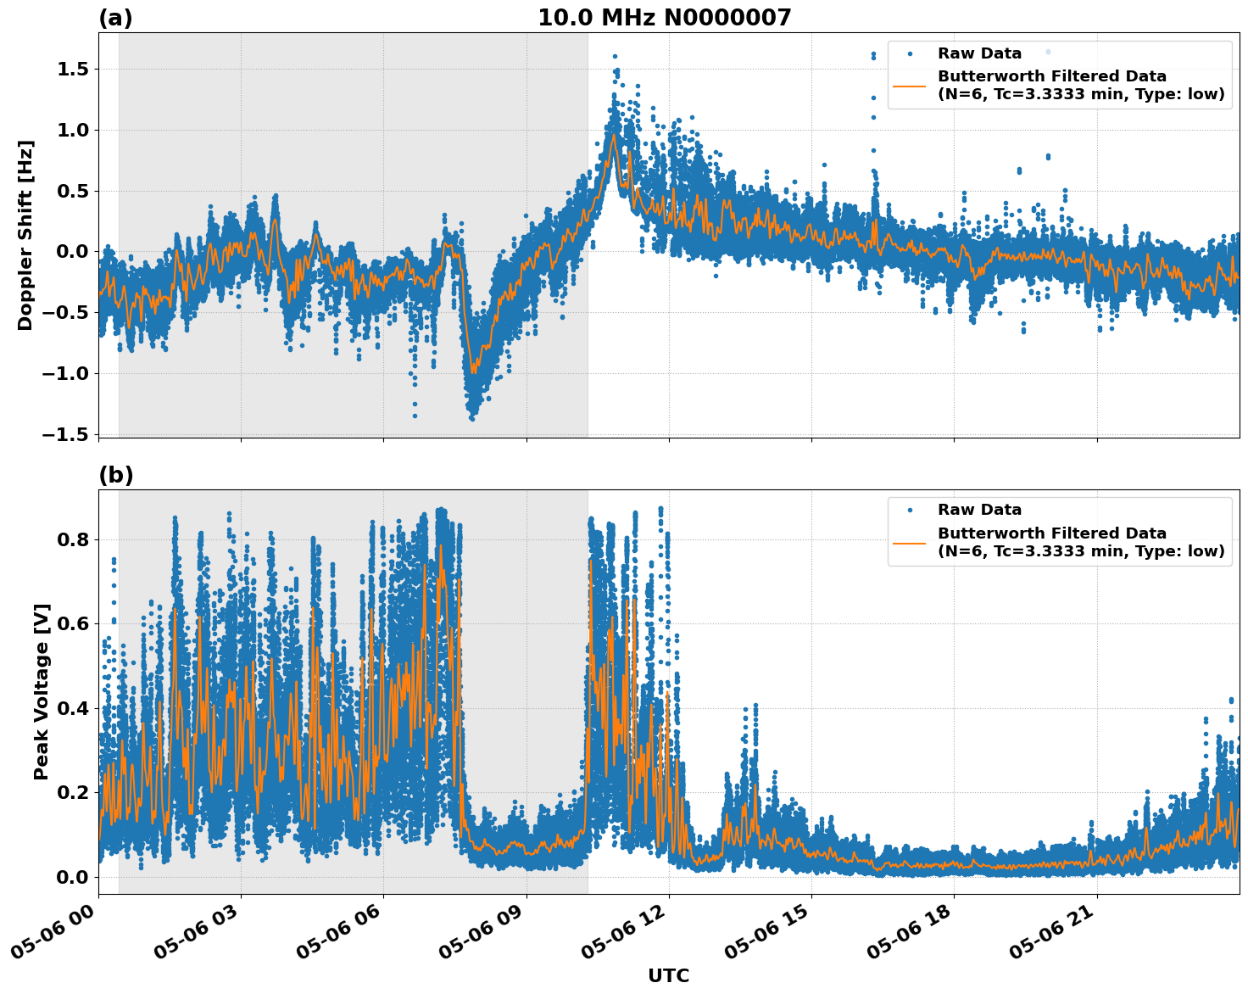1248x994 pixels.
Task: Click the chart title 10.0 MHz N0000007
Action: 664,18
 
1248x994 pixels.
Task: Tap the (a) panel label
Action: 115,18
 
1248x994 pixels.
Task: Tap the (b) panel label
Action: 115,475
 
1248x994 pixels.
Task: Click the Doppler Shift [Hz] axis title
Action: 25,235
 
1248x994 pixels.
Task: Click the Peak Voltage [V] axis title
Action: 42,691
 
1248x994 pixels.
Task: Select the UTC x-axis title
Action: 668,975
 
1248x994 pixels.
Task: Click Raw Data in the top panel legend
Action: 979,53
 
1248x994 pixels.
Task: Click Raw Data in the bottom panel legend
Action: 979,510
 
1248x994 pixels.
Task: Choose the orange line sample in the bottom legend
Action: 910,542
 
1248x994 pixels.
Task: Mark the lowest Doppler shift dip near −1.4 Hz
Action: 472,416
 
